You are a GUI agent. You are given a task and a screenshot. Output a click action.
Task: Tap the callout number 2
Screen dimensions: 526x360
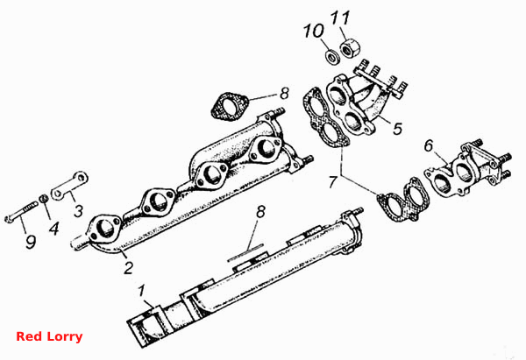coord(128,268)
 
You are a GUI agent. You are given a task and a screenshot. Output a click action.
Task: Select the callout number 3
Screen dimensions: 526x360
coord(78,211)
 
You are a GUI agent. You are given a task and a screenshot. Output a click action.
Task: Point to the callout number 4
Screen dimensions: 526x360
coord(54,229)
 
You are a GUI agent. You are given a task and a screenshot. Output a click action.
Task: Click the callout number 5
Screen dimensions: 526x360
coord(397,128)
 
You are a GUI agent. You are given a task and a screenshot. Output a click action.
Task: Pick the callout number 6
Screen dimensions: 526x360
coord(429,145)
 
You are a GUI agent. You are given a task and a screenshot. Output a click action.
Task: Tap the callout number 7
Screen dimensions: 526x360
coord(332,181)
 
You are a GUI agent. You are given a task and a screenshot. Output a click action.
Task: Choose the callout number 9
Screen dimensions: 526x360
coord(31,242)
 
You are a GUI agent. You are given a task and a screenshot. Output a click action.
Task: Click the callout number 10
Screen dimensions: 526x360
coord(314,31)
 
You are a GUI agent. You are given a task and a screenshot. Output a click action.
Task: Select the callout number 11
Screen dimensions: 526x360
coord(340,18)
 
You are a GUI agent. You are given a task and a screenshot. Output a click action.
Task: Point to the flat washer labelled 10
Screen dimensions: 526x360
coord(332,56)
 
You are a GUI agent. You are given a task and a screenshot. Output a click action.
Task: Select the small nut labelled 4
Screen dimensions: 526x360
coord(43,199)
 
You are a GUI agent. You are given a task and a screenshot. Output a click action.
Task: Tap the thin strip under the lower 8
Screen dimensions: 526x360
coord(245,252)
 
